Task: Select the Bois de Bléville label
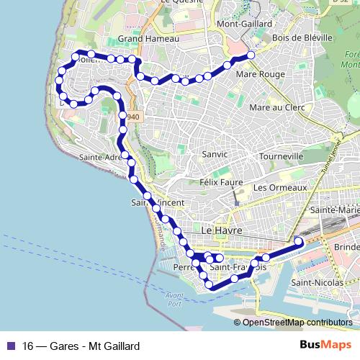point(302,37)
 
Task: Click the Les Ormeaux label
point(281,187)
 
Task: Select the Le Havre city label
point(222,231)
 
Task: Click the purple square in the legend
point(10,346)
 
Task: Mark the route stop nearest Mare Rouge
point(251,55)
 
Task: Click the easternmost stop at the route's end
point(299,241)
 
